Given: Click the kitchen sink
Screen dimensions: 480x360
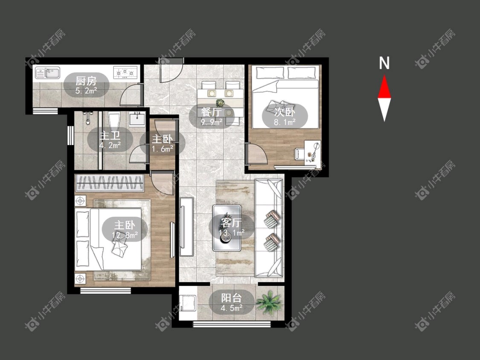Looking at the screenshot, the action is tap(48, 73).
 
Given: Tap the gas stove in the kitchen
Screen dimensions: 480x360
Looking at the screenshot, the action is tap(125, 73).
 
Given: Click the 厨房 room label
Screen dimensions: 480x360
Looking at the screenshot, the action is tap(86, 81).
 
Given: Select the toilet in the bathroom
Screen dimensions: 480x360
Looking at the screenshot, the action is tap(113, 119).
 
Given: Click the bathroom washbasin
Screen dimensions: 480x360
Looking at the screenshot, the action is tap(137, 119).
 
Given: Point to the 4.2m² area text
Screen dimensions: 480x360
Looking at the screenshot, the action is tap(110, 145).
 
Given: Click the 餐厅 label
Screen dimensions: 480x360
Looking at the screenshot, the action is tap(211, 112).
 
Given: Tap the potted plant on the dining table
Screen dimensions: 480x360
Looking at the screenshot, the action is tap(220, 102).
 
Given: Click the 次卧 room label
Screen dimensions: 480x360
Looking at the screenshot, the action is tap(285, 112).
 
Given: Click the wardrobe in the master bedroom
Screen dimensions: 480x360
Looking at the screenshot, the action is tap(110, 183).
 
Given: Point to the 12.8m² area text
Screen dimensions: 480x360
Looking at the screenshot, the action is tap(125, 235).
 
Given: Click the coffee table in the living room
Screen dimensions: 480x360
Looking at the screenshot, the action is tap(227, 228).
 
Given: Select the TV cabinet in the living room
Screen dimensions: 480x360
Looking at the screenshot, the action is tap(186, 226).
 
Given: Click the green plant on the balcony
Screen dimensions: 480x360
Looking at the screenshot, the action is tap(268, 302).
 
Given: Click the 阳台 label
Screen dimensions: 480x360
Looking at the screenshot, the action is tap(231, 298).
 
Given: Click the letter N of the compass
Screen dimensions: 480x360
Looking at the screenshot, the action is tap(384, 63).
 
